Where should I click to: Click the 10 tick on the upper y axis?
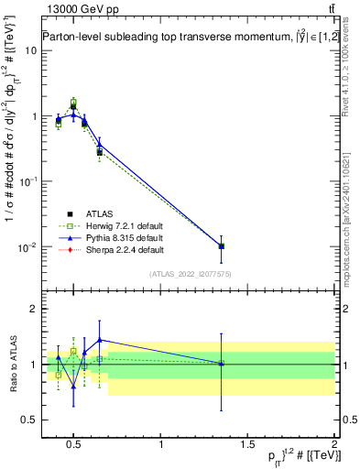32,49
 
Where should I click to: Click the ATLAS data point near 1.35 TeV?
221,246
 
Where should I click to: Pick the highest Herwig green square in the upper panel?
73,102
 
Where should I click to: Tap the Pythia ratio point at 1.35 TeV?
221,364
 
